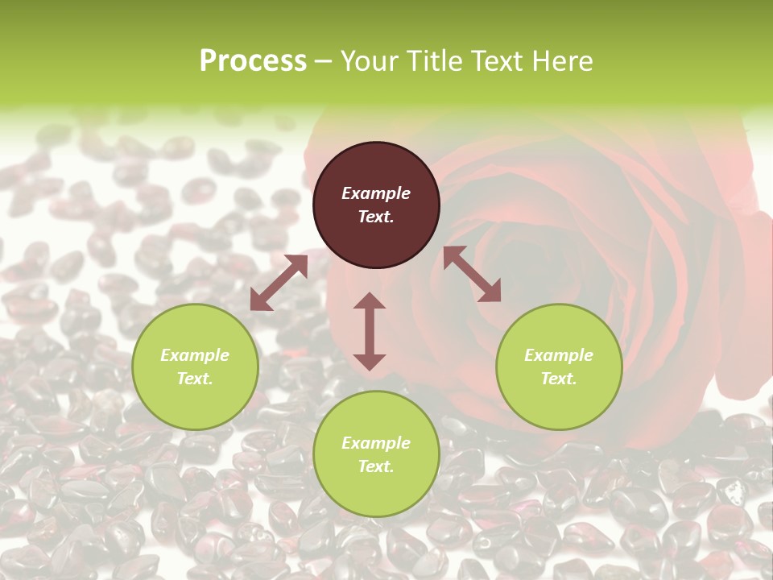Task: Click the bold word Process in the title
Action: [253, 61]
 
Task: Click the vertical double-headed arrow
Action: [370, 331]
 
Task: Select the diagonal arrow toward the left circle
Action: [279, 283]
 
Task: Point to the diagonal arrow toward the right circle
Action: [472, 274]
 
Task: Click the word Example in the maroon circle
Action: [376, 193]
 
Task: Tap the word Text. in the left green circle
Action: [195, 379]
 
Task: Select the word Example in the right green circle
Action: [559, 355]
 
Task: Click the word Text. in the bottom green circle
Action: [376, 466]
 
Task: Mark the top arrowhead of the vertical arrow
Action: [370, 301]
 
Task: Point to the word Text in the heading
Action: [495, 61]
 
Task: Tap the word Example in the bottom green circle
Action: [376, 443]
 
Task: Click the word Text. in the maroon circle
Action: [376, 217]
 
